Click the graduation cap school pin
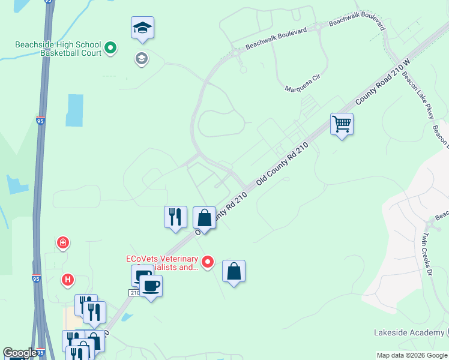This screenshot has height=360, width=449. coord(143,28)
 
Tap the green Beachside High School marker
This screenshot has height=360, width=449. coord(110,47)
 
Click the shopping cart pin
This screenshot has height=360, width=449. coord(342,125)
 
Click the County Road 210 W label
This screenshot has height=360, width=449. coord(382,83)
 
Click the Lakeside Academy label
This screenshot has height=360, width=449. coord(408,332)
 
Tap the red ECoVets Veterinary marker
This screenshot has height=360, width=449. coord(208,262)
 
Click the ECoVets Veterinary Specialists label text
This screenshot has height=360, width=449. coord(162,263)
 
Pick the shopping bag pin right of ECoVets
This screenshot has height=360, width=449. coord(234,271)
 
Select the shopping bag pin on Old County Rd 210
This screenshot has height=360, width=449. coord(204,218)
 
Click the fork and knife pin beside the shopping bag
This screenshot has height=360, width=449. coord(175,217)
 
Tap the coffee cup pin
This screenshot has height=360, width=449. coord(151,286)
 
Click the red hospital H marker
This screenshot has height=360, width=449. coord(68,280)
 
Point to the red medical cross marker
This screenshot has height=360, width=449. coord(62,242)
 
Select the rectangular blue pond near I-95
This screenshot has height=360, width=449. coord(74,110)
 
